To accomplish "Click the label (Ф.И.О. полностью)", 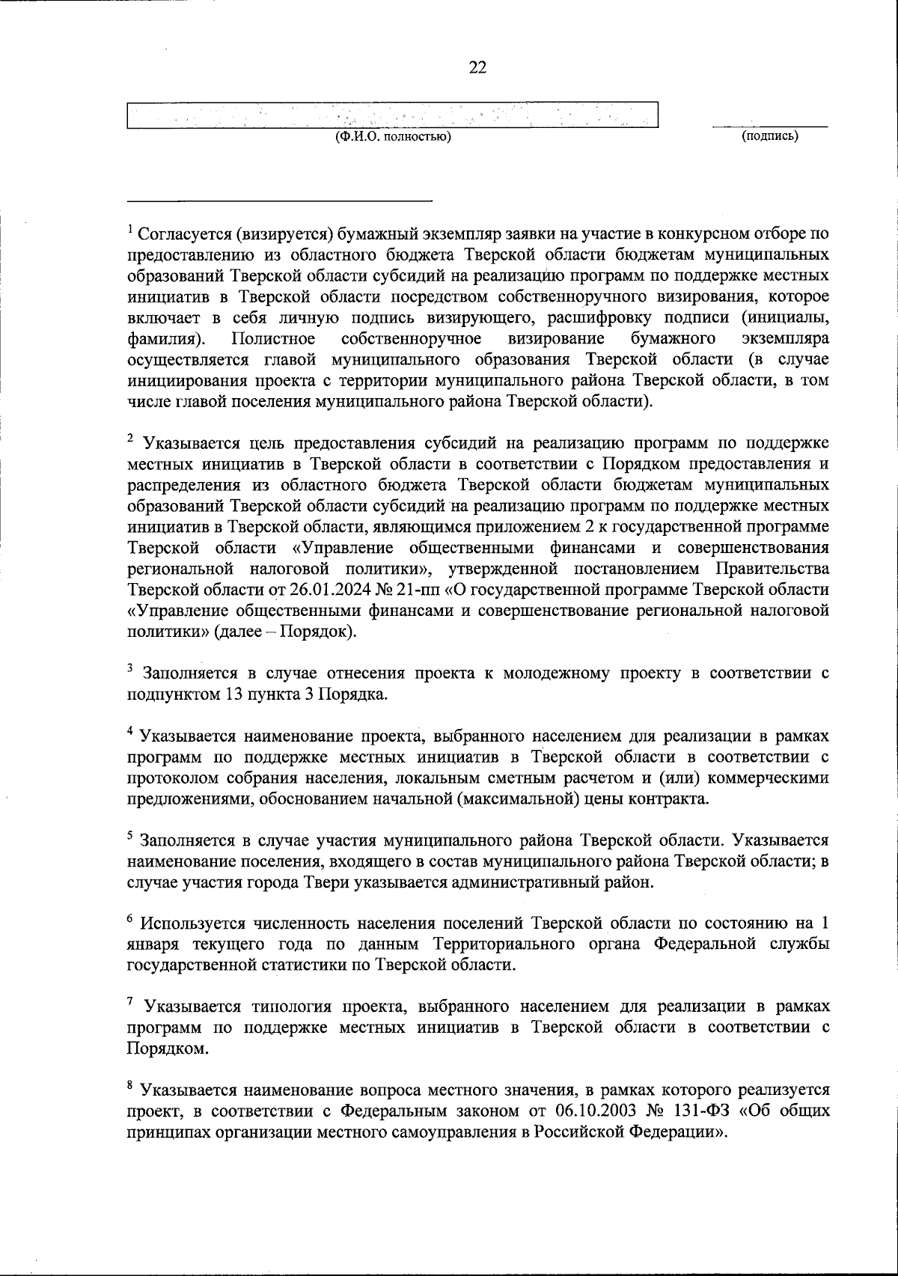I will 392,136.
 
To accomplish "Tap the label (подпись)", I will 769,136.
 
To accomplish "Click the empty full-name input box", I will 392,115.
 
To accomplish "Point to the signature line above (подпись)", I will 769,126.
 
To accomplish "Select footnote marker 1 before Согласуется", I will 130,229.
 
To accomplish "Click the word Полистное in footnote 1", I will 268,339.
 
